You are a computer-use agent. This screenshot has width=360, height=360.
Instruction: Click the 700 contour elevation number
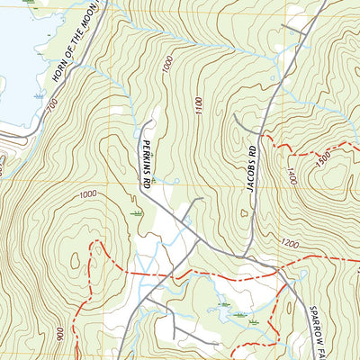pyautogui.click(x=52, y=106)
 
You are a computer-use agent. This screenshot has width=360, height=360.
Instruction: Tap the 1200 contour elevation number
pyautogui.click(x=289, y=243)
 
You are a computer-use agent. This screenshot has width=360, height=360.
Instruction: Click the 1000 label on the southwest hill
pyautogui.click(x=87, y=194)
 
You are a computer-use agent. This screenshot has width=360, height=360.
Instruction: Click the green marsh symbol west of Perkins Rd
pyautogui.click(x=136, y=214)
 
